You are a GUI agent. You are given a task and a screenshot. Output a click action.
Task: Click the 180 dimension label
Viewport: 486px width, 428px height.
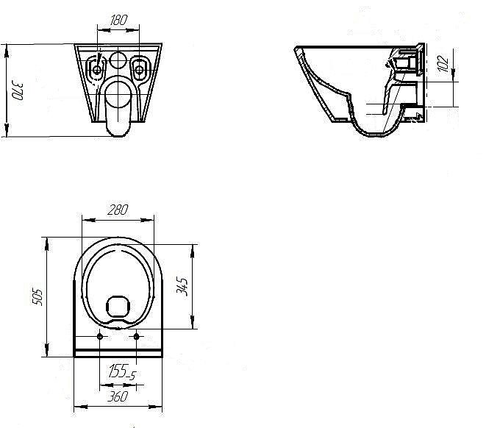[118, 20]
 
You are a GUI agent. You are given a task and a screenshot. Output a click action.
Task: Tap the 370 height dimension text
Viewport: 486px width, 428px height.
[18, 90]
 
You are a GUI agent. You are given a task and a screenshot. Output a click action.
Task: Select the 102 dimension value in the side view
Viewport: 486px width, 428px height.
[443, 63]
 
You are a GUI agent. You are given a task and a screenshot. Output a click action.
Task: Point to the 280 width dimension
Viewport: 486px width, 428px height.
[118, 210]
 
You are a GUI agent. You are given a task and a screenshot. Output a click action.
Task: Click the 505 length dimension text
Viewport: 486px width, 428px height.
[37, 297]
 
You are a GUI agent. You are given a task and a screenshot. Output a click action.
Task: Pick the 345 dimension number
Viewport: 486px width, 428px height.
[182, 287]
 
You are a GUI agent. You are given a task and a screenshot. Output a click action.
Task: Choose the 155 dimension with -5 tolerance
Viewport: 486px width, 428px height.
[122, 371]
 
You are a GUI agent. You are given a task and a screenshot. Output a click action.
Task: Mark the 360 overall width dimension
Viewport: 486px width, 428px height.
[118, 396]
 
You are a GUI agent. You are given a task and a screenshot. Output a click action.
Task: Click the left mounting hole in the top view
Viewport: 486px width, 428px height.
[100, 336]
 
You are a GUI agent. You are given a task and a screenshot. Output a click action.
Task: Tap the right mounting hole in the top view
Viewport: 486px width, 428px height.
[136, 336]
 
